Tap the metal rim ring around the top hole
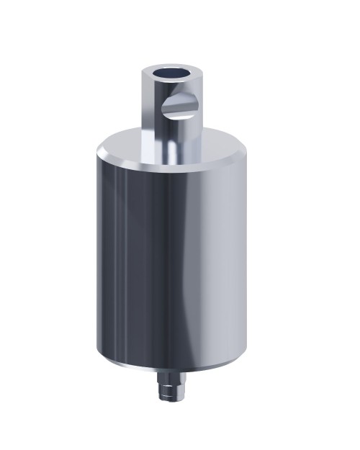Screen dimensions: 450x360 click(153, 76)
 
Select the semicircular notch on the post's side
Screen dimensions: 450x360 click(181, 107)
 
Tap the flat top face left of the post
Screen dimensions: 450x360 click(126, 144)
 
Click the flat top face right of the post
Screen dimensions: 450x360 click(216, 144)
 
